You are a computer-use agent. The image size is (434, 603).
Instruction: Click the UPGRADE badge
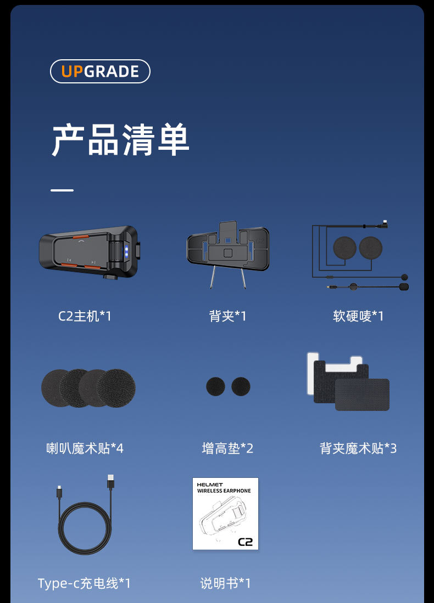(x=100, y=71)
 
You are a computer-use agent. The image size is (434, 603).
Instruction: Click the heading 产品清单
(x=120, y=140)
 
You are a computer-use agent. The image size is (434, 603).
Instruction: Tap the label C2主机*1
(x=85, y=316)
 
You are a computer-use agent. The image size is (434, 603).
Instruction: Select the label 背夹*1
(x=227, y=316)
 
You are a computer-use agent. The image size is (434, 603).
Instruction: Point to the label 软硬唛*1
(x=358, y=316)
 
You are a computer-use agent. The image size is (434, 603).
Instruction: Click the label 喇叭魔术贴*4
(x=85, y=448)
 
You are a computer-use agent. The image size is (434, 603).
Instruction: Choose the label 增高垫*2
(x=227, y=448)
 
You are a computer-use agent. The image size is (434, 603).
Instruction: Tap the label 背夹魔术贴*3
(x=358, y=448)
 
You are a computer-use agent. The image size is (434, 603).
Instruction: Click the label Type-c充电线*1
(x=85, y=583)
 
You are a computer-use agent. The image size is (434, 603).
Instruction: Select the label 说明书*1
(x=226, y=583)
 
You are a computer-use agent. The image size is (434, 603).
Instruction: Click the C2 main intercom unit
(x=89, y=252)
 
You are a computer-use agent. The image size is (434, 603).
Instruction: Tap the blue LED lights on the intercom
(x=126, y=251)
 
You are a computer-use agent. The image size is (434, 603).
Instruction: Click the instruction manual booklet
(x=225, y=514)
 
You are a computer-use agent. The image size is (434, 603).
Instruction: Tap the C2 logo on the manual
(x=246, y=542)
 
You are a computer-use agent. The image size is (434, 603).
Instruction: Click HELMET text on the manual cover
(x=210, y=484)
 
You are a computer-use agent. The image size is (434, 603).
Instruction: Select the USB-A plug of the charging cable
(x=110, y=482)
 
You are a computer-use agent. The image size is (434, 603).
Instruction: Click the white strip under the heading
(x=62, y=190)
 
